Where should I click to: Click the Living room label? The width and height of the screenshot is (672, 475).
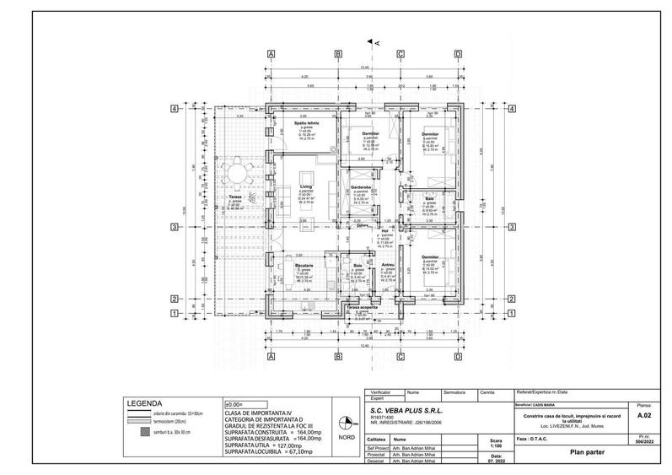coord(306,186)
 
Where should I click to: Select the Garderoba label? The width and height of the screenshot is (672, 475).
coord(362,187)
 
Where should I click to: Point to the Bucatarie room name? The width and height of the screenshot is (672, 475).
coord(304,267)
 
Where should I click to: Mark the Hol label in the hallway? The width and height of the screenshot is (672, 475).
coord(384,230)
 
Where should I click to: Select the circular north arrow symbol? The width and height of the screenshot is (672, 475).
coord(343,424)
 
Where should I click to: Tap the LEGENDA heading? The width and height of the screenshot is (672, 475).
coord(144,403)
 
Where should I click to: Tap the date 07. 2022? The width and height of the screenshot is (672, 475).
coord(495,462)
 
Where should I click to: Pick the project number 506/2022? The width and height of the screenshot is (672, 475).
coord(645,443)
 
